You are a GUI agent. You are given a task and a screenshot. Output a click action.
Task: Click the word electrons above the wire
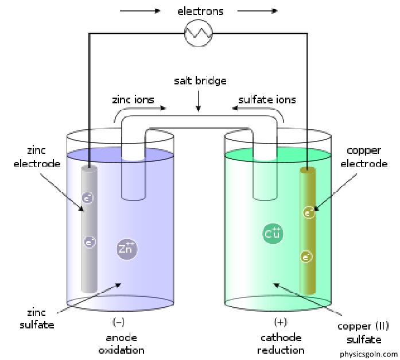[200, 11]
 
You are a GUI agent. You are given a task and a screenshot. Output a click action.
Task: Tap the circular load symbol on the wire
[198, 33]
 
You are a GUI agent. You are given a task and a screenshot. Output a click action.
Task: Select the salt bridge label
[200, 80]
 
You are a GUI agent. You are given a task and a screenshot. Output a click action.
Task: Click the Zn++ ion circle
[127, 249]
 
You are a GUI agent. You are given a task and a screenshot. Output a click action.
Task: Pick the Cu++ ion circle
[273, 234]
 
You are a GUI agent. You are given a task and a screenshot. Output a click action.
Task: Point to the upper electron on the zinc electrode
[87, 198]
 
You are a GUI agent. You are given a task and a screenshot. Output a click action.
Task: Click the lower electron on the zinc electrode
[90, 242]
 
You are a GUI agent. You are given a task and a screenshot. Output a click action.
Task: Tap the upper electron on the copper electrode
[309, 212]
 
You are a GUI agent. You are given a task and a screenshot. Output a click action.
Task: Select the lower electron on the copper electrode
[306, 257]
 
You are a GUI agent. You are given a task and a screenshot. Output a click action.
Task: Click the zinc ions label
[133, 99]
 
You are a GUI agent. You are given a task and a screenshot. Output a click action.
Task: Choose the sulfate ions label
[267, 99]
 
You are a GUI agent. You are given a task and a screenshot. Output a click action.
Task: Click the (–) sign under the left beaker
[119, 322]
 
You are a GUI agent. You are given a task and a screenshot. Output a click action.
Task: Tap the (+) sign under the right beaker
[281, 322]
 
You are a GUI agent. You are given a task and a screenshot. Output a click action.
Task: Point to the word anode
[122, 338]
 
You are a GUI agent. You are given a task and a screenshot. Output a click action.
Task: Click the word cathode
[281, 338]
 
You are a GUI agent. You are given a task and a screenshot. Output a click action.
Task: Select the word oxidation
[122, 350]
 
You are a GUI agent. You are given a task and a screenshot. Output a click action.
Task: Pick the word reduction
[281, 350]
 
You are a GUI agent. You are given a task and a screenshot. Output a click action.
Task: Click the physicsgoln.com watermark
[368, 354]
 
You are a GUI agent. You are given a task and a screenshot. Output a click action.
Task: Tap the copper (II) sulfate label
[363, 333]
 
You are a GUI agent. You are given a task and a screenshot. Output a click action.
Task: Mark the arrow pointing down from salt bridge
[198, 101]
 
